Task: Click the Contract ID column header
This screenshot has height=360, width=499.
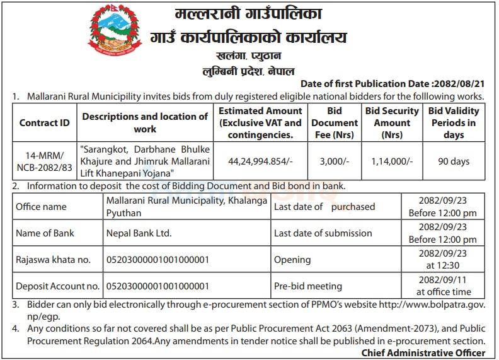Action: [x=44, y=123]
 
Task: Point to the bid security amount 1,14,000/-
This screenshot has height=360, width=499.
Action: [x=392, y=161]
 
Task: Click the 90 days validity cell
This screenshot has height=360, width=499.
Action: [x=454, y=161]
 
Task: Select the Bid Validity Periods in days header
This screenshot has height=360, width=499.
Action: [x=454, y=123]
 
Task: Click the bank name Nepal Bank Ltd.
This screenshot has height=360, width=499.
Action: [x=139, y=233]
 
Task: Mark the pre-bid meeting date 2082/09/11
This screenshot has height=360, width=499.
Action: [x=443, y=281]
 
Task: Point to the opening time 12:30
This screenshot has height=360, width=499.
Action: [x=443, y=265]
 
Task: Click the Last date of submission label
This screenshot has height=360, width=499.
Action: [x=323, y=233]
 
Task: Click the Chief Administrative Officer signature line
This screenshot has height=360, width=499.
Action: [x=423, y=352]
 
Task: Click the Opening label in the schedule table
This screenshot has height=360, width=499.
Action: [x=292, y=259]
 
